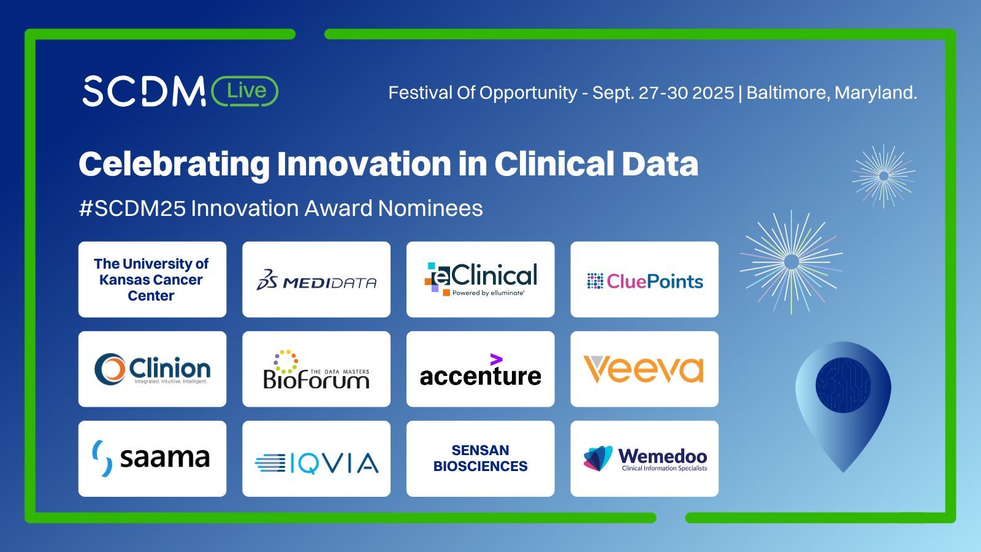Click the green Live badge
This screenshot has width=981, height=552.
245,91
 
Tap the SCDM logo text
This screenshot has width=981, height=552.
144,91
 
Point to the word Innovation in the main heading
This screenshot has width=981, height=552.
364,164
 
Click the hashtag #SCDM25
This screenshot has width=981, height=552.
133,208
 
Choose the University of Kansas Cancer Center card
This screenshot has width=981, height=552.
153,280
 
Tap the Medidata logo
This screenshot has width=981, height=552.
316,280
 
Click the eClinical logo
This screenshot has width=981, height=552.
481,280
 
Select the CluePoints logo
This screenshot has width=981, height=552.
644,282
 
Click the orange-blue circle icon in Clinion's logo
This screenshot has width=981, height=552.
110,369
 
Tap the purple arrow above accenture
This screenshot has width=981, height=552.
496,359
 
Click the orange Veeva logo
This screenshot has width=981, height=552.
644,369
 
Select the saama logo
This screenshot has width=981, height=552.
151,458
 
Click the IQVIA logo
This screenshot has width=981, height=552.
316,463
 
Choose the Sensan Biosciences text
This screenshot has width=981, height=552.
481,458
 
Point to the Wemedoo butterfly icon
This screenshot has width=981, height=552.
598,458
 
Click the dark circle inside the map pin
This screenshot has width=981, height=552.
843,385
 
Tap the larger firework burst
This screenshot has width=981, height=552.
792,262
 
